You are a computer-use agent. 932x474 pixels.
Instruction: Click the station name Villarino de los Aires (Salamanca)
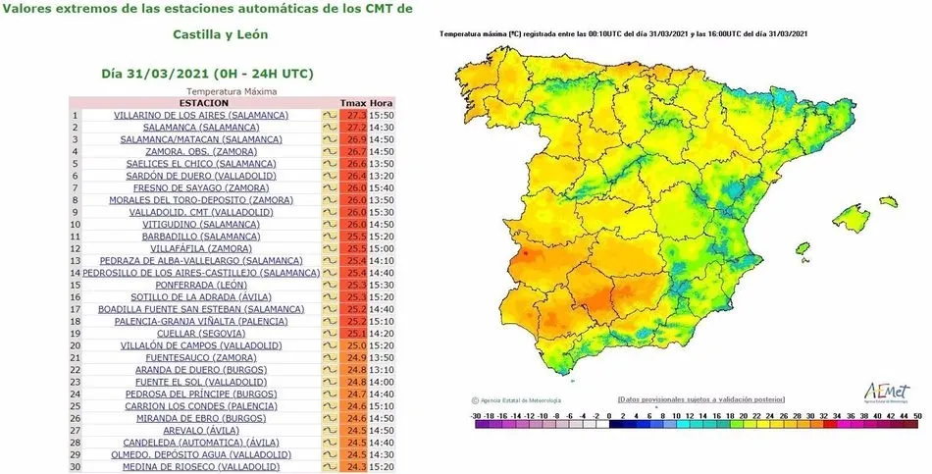[200, 115]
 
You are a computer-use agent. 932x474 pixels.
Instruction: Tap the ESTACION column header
[204, 103]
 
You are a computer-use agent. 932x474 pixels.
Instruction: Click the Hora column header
[382, 103]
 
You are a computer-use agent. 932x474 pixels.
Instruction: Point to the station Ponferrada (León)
[200, 285]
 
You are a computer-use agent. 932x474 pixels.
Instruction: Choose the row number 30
[74, 466]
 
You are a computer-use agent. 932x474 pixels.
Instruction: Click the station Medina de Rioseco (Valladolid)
[200, 466]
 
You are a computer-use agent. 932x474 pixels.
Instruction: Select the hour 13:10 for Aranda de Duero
[382, 370]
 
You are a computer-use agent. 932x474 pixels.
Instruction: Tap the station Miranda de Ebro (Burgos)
[200, 418]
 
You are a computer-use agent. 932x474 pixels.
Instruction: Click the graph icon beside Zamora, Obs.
[330, 151]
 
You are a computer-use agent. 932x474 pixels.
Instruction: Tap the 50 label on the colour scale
[916, 416]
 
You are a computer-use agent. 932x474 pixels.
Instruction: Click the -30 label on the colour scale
[476, 416]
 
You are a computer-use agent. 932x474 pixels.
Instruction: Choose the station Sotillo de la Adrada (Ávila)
[200, 296]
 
